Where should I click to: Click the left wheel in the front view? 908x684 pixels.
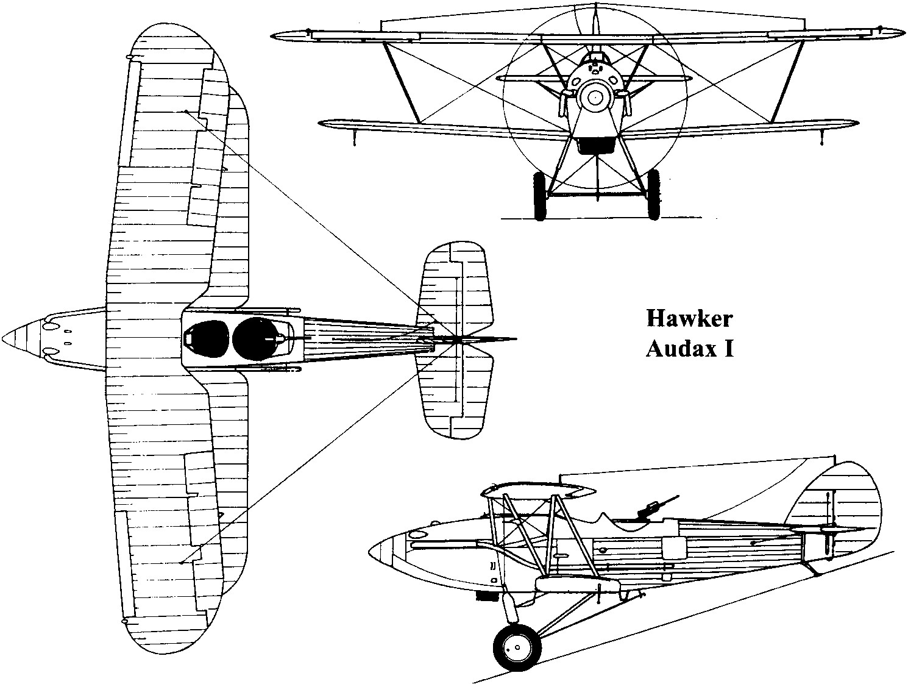[539, 195]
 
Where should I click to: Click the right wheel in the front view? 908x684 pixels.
[653, 195]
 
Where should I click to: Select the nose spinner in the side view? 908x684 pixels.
[381, 552]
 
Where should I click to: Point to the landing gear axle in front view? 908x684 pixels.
[596, 195]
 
